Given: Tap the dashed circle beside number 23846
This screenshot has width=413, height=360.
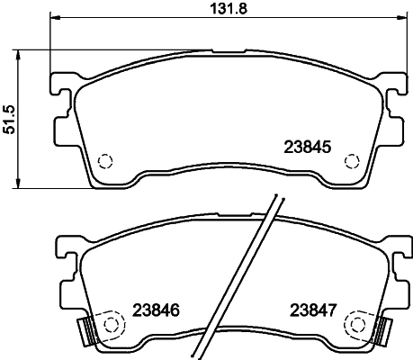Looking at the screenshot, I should click(112, 322).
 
